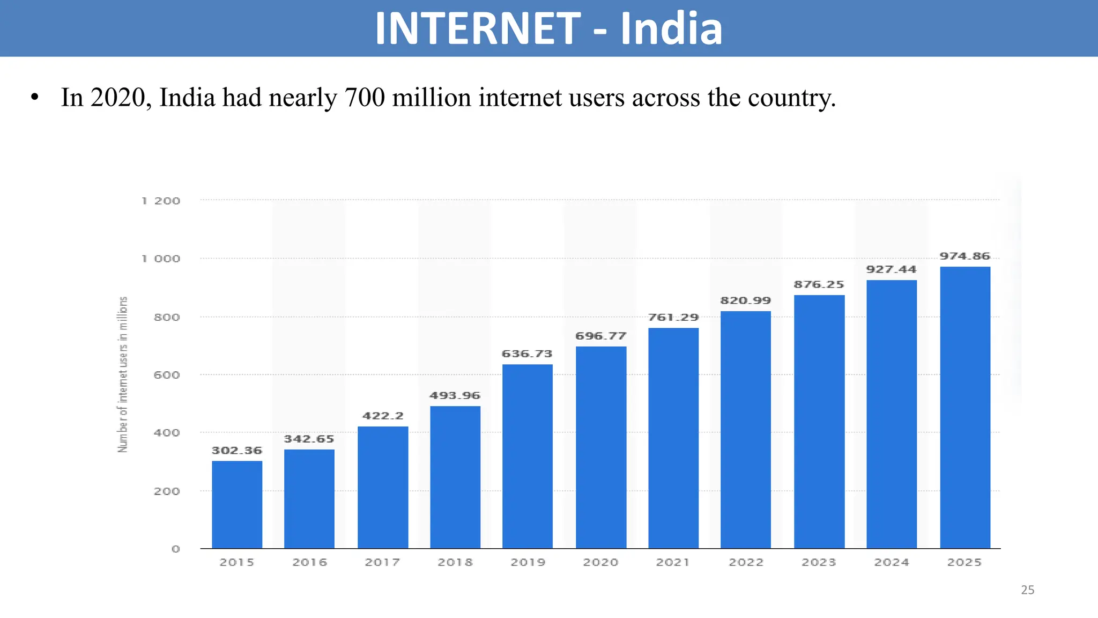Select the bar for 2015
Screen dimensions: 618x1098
coord(237,504)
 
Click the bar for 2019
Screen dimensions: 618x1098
coord(528,456)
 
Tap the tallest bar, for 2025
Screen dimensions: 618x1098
coord(965,408)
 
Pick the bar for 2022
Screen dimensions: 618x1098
coord(746,429)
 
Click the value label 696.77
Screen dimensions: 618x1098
coord(601,336)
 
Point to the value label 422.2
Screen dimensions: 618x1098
coord(383,416)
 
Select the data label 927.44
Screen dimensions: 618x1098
coord(892,269)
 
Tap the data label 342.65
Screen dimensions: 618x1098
coord(309,439)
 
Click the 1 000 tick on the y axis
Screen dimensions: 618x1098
coord(161,259)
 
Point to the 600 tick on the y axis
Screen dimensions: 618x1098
coord(167,375)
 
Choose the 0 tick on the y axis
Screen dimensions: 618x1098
coord(175,549)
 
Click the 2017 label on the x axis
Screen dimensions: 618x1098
coord(382,562)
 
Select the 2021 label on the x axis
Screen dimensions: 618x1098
coord(673,562)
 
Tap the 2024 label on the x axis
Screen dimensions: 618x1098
coord(892,562)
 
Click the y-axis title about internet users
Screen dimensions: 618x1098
coord(123,374)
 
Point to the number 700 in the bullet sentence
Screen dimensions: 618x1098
coord(365,98)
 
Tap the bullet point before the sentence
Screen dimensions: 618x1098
coord(35,98)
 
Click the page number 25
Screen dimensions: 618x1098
coord(1027,590)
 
